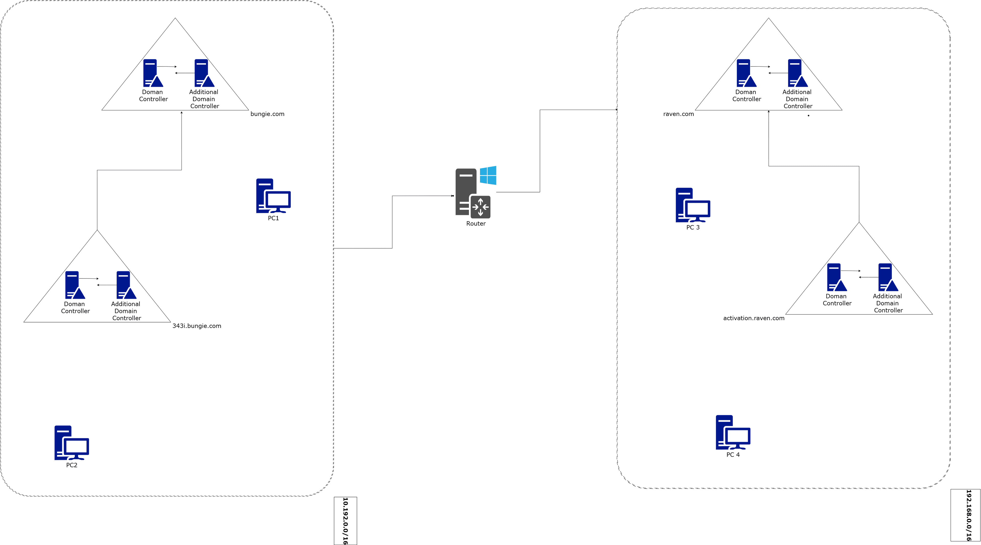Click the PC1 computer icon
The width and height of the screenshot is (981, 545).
tap(273, 196)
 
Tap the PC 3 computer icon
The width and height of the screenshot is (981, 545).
tap(693, 205)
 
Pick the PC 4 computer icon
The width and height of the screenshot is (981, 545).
tap(733, 432)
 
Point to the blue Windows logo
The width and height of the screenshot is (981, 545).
tap(488, 175)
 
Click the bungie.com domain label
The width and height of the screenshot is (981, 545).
tap(267, 114)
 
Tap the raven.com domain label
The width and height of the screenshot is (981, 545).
tap(678, 114)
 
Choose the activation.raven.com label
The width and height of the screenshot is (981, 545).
tap(754, 318)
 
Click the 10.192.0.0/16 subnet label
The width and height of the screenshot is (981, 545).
tap(345, 521)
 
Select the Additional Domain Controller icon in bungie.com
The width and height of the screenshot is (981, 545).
tap(204, 73)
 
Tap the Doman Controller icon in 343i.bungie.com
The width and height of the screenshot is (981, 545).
tap(75, 285)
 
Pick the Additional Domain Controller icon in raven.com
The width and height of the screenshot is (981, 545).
tap(797, 73)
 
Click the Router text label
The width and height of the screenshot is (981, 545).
tap(476, 224)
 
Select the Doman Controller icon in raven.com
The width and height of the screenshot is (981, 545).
tap(746, 73)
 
